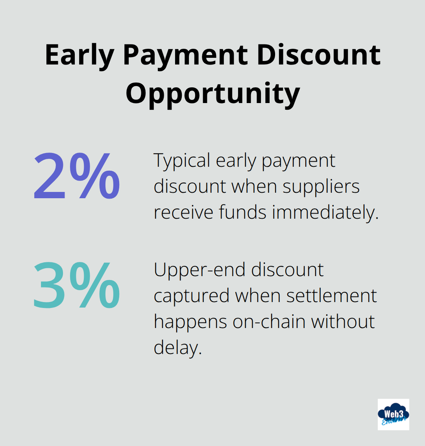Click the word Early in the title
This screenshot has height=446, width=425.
[x=79, y=55]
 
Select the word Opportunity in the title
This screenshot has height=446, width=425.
[x=213, y=94]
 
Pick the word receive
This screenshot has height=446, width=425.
[x=184, y=212]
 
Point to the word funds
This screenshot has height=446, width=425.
[x=243, y=212]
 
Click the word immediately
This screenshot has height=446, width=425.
[x=325, y=212]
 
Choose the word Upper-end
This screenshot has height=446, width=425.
[x=200, y=270]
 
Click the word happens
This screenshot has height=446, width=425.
[x=190, y=322]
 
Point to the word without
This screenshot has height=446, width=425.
[x=343, y=321]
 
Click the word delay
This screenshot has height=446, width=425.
[x=177, y=348]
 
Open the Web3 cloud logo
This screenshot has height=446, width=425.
[x=393, y=414]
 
